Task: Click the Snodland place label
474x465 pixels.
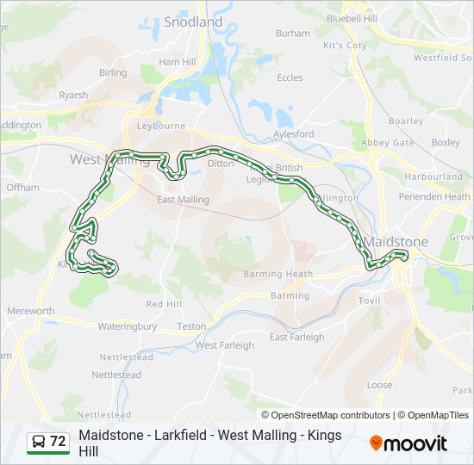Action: click(192, 22)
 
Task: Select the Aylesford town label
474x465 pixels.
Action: click(293, 134)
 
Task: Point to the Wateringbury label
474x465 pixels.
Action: click(127, 326)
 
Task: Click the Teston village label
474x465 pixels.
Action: click(190, 326)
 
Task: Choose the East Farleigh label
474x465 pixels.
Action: click(296, 338)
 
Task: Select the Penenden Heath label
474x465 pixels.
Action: click(435, 196)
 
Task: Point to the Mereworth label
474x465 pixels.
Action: click(30, 311)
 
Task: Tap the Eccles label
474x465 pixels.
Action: click(289, 77)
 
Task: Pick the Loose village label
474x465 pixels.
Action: click(379, 385)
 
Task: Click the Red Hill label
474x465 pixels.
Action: click(164, 304)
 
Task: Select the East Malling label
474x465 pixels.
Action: click(183, 200)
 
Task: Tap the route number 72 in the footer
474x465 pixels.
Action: click(58, 442)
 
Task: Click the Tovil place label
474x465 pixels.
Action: click(369, 301)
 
